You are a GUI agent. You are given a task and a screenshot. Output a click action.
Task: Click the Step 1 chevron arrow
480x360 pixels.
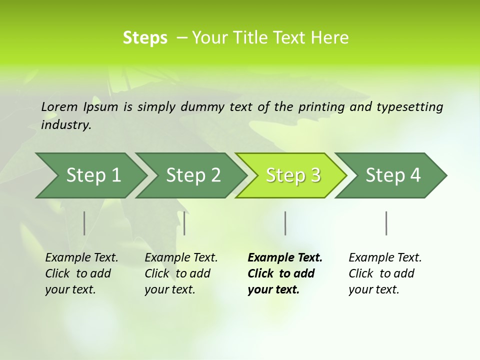click(90, 175)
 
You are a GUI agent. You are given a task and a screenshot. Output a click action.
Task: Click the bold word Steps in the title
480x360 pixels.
click(145, 38)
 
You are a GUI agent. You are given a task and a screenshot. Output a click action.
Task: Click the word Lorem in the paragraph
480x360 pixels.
click(59, 106)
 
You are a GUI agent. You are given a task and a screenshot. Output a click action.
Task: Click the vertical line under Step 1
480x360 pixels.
click(84, 223)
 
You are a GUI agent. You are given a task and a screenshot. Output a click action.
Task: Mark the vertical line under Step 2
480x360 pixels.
click(184, 223)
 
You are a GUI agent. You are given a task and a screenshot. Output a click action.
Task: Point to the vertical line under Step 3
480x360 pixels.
click(285, 223)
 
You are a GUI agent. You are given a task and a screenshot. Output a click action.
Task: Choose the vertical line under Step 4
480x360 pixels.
click(386, 223)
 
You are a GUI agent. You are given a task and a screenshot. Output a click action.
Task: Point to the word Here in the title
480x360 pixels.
click(332, 38)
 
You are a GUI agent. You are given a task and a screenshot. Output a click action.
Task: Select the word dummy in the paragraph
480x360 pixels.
click(202, 107)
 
